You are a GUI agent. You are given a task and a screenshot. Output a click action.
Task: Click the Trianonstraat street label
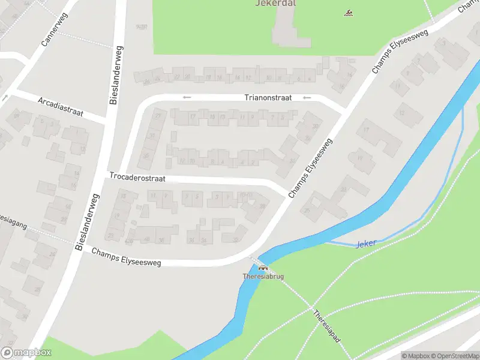268,97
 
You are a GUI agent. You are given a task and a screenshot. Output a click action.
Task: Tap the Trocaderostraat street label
137,177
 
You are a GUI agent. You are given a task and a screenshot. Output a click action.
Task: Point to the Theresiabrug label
263,277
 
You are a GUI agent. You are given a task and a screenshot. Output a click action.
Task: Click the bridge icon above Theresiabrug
262,268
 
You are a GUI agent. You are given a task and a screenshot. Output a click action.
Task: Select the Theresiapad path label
326,326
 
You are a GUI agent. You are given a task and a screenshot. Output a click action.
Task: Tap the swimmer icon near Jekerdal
348,13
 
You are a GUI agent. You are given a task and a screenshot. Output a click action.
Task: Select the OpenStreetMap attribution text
456,356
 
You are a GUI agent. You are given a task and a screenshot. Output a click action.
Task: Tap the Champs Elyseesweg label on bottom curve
127,257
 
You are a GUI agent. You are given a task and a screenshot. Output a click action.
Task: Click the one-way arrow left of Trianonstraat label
187,97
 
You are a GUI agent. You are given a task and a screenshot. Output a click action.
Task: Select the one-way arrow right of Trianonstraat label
307,98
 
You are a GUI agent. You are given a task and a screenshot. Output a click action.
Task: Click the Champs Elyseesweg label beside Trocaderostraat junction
310,168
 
